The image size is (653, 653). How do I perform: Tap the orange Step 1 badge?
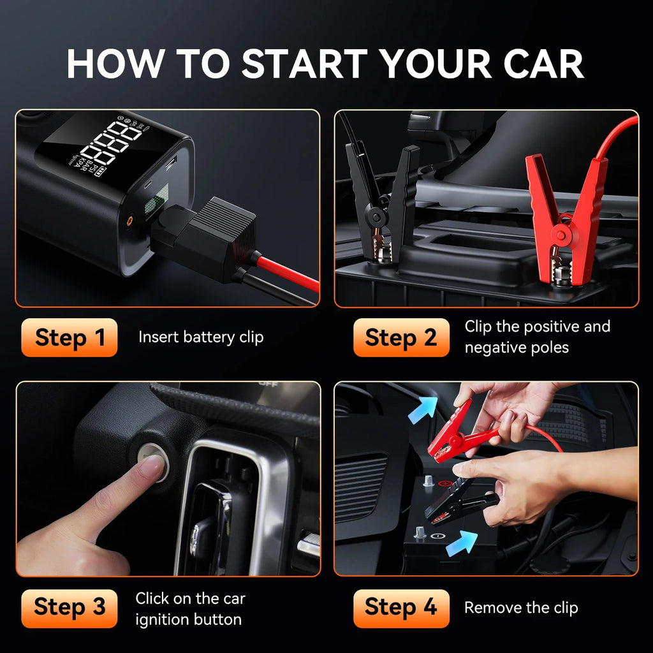(70, 337)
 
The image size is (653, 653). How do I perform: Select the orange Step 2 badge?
(401, 337)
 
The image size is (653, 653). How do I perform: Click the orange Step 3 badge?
(70, 607)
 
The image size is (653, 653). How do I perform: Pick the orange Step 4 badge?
(401, 607)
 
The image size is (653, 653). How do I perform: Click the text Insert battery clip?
(201, 337)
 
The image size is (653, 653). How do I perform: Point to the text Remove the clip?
(521, 608)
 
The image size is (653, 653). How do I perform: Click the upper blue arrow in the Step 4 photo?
(423, 407)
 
